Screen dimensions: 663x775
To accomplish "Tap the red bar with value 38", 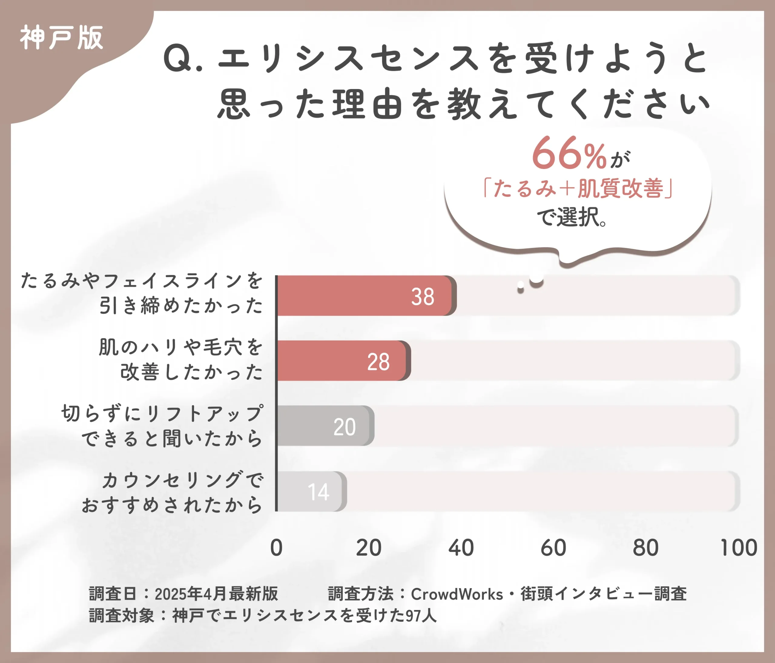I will [365, 296].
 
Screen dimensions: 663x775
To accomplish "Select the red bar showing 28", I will [341, 361].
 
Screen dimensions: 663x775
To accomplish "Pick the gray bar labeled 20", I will [324, 426].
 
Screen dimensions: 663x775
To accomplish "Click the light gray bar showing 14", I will [310, 491].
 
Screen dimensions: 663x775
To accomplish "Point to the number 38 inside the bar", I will [423, 297].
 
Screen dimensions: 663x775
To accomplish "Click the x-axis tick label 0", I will [276, 548].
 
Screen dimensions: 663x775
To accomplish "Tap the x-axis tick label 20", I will [368, 548].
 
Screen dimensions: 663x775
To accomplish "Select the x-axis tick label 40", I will [461, 548].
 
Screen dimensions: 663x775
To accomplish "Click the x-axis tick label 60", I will [553, 548].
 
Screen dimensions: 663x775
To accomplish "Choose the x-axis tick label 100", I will [738, 548].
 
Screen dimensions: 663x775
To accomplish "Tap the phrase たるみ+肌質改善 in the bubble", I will [578, 188].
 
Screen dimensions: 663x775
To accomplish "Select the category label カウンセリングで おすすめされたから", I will [172, 492].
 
